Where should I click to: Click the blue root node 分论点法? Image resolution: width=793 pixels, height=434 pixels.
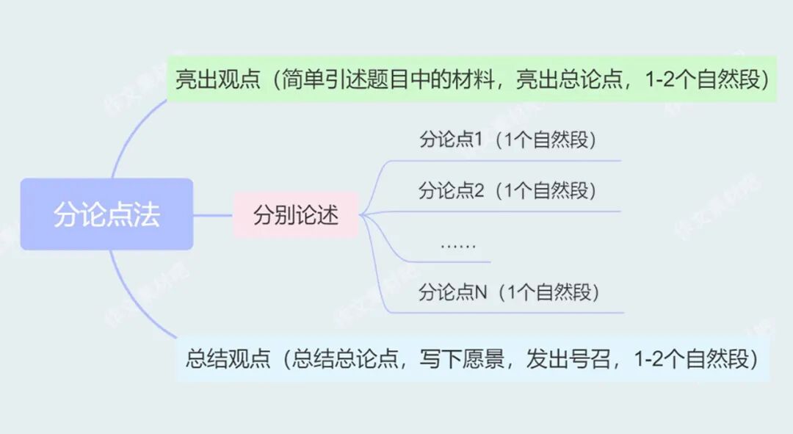pos(106,214)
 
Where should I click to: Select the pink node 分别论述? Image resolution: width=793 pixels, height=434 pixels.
pos(296,216)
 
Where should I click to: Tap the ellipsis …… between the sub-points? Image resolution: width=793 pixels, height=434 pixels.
pos(458,244)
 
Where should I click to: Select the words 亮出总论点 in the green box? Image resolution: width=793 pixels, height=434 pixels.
pos(560,79)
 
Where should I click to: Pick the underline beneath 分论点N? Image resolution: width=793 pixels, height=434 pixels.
pos(514,313)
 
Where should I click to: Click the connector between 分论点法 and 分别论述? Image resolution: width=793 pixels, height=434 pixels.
pos(213,215)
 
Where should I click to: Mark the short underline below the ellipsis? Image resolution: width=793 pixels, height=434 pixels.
pos(455,262)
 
